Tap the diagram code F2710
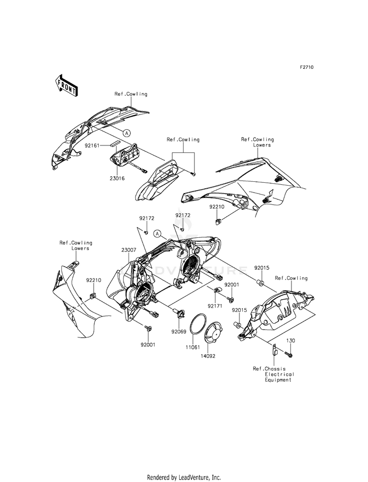pyautogui.click(x=307, y=67)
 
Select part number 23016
pyautogui.click(x=117, y=178)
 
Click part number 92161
pyautogui.click(x=93, y=145)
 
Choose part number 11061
pyautogui.click(x=192, y=347)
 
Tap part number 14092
pyautogui.click(x=208, y=356)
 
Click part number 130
pyautogui.click(x=290, y=340)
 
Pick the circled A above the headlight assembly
pyautogui.click(x=158, y=234)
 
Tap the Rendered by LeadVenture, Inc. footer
pyautogui.click(x=184, y=478)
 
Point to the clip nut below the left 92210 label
pyautogui.click(x=93, y=295)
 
